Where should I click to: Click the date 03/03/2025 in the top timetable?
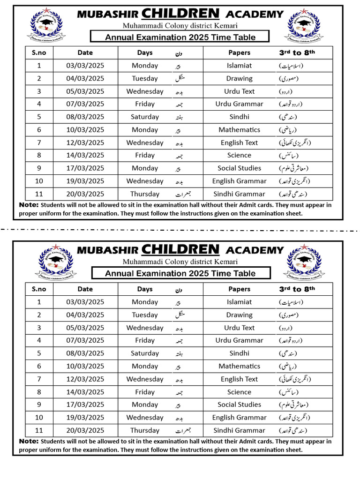click(x=85, y=66)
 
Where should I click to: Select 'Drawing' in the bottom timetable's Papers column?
click(x=239, y=315)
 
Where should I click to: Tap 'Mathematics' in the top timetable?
click(x=239, y=130)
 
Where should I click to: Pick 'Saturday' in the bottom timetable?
click(x=145, y=353)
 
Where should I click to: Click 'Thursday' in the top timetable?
click(x=145, y=194)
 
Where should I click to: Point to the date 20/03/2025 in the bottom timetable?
click(x=85, y=430)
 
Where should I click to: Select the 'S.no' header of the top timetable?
click(x=39, y=53)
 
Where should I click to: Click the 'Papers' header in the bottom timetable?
click(x=239, y=289)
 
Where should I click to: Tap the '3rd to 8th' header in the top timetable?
click(x=297, y=53)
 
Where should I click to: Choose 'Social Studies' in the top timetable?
click(x=239, y=168)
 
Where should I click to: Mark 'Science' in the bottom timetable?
click(x=239, y=392)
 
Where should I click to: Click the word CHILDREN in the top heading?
click(x=180, y=13)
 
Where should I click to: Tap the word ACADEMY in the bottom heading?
click(x=255, y=250)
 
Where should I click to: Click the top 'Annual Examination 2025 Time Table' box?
click(x=180, y=37)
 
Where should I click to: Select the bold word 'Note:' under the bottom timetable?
click(x=29, y=441)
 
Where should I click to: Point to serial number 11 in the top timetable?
click(x=39, y=194)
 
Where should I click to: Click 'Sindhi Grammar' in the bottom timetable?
click(x=239, y=430)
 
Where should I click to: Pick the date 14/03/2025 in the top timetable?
click(x=85, y=156)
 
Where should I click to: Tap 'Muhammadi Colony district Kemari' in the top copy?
click(x=180, y=25)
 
